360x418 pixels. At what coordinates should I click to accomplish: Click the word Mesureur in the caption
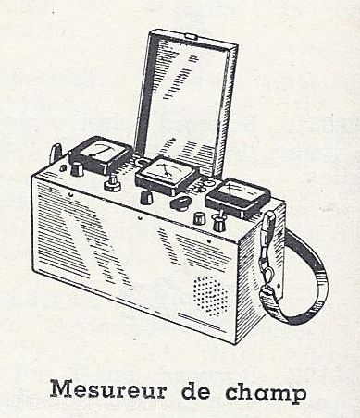point(108,389)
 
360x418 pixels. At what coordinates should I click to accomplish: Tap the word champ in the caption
point(266,392)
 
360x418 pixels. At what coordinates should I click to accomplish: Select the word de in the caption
point(195,389)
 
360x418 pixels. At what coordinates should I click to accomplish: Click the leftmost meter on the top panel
point(101,155)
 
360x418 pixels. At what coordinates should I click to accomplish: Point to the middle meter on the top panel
point(168,175)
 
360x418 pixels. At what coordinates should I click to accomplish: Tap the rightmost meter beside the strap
point(238,197)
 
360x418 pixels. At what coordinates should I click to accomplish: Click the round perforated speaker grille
point(210,295)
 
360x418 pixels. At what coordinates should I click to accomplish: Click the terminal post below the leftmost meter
point(112,182)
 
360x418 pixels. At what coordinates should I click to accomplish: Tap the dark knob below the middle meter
point(146,197)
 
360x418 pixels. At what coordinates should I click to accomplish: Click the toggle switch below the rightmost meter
point(217,222)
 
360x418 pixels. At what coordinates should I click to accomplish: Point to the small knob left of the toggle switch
point(199,218)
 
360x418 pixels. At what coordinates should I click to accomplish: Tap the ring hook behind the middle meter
point(141,162)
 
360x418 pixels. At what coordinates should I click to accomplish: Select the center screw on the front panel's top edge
point(140,220)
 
